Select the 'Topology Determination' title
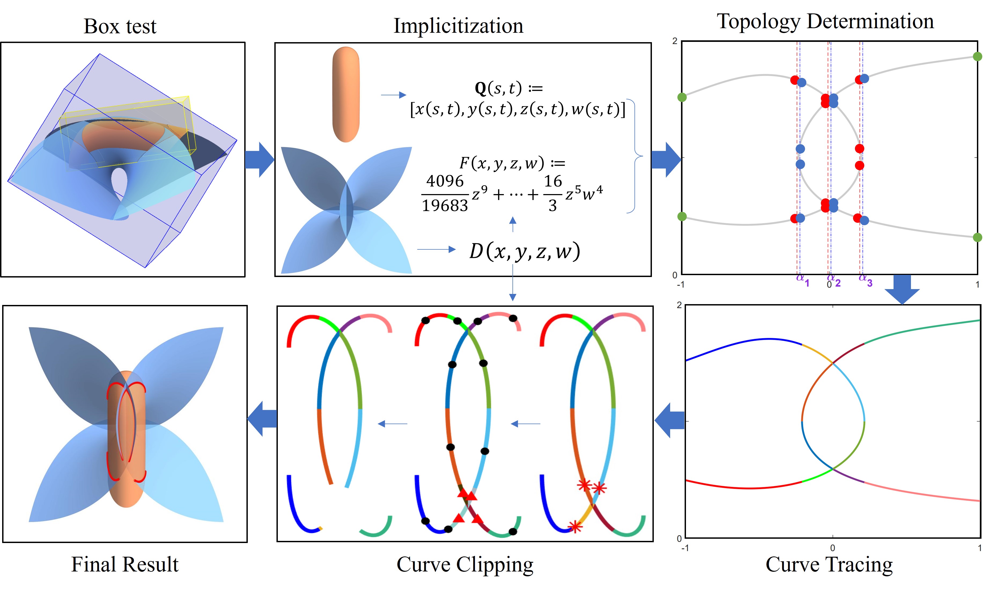pos(825,21)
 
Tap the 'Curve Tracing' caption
pos(829,564)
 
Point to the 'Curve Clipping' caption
pos(465,564)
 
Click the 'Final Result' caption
pos(125,564)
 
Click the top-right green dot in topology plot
pos(977,56)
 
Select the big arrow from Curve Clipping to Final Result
pos(262,419)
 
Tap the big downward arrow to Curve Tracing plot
pos(902,289)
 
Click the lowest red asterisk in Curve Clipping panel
pos(575,527)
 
